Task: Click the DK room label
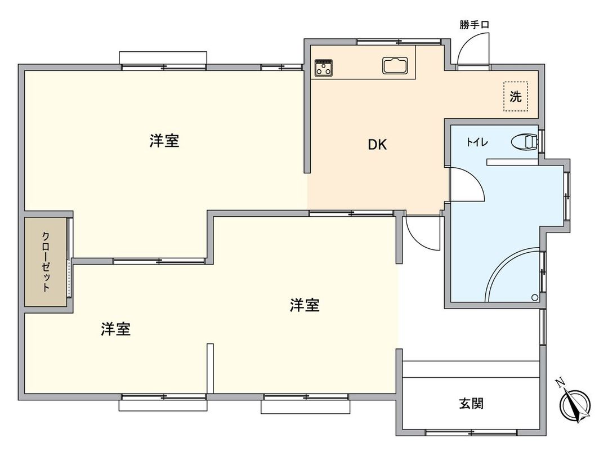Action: click(377, 145)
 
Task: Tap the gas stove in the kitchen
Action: click(324, 68)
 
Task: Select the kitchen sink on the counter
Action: click(396, 65)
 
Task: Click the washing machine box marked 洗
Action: click(516, 96)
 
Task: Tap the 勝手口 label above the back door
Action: click(473, 25)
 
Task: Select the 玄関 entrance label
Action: click(471, 403)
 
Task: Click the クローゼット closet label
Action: click(46, 261)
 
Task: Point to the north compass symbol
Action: click(576, 405)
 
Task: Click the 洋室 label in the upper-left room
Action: click(164, 141)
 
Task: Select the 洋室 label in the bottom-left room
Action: click(116, 329)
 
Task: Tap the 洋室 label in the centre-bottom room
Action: click(305, 305)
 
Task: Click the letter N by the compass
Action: click(560, 383)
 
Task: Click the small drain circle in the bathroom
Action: click(534, 297)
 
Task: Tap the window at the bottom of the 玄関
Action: click(471, 432)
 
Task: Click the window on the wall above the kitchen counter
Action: click(399, 41)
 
